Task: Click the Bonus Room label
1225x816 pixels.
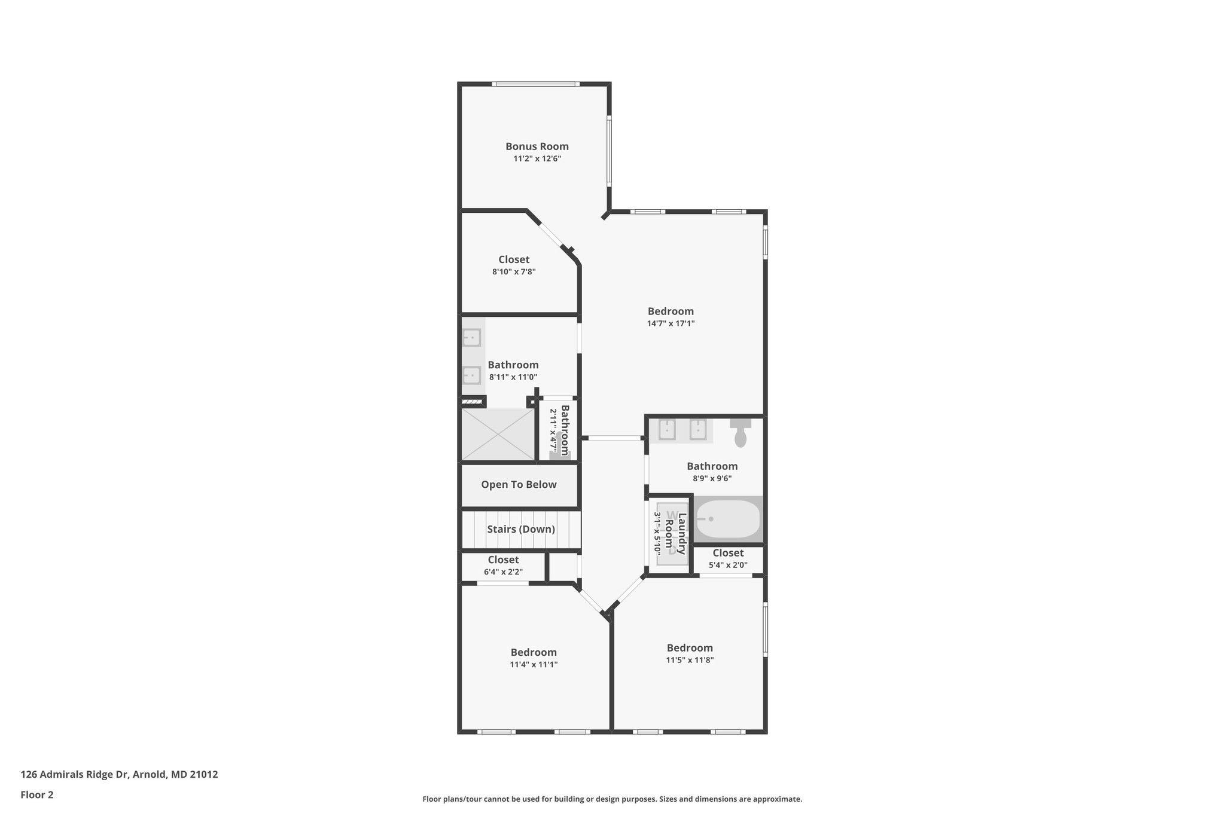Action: click(x=537, y=146)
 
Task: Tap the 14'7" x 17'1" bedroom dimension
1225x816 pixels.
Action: click(x=671, y=323)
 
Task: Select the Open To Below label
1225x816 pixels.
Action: click(x=519, y=485)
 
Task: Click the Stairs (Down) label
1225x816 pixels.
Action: click(x=520, y=529)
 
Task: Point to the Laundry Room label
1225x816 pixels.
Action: click(x=675, y=533)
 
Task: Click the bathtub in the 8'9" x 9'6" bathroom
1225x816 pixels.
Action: click(x=728, y=519)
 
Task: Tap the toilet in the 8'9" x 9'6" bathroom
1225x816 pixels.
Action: click(x=741, y=433)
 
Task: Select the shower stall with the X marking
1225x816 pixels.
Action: click(x=498, y=435)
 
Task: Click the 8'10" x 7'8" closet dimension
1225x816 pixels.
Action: click(x=514, y=272)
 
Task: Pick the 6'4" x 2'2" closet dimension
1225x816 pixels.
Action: click(x=503, y=572)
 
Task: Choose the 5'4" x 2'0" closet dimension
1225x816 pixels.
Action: click(x=728, y=565)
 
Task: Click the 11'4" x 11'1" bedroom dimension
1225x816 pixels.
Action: click(x=534, y=664)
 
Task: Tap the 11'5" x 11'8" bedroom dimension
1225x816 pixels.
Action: click(x=690, y=660)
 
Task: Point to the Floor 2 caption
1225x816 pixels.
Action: click(x=37, y=795)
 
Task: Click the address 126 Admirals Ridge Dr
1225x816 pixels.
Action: click(x=119, y=775)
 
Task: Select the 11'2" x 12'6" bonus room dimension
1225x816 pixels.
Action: click(x=537, y=159)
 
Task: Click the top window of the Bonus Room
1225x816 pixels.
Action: click(x=535, y=84)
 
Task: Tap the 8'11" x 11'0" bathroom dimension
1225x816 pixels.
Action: click(x=513, y=377)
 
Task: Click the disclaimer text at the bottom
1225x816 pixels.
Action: click(x=612, y=799)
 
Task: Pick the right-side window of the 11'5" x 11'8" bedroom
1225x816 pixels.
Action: click(x=765, y=629)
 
